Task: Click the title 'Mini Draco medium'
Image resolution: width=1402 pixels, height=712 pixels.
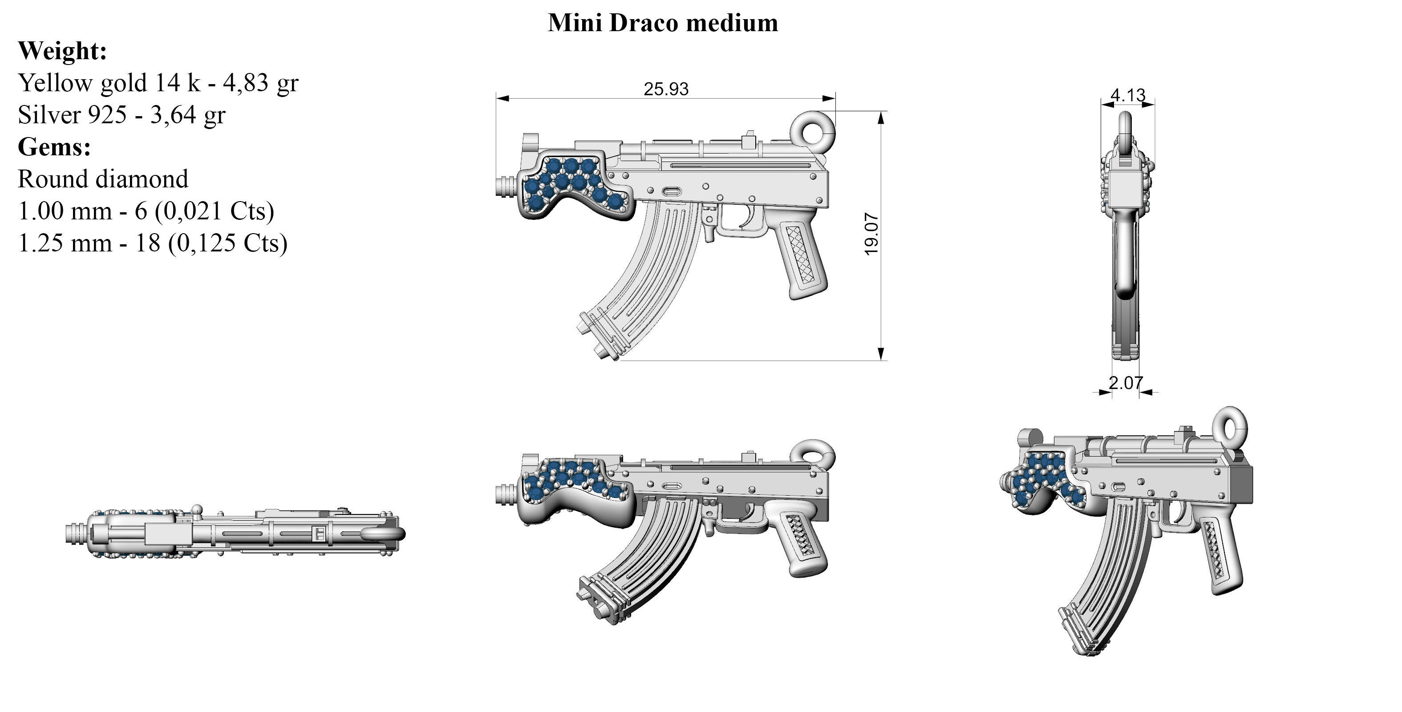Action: pos(662,23)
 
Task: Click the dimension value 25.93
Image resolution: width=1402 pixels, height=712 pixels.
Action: pos(666,89)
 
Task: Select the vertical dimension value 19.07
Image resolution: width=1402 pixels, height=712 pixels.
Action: pos(871,234)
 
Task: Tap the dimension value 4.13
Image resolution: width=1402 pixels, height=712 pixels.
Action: pos(1128,95)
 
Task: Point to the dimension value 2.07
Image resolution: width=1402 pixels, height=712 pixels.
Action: pos(1126,383)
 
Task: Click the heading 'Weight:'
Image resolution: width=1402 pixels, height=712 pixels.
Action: pos(62,51)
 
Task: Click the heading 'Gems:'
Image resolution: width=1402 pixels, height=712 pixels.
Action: pos(54,146)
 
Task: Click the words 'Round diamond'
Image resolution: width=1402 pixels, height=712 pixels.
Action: pos(103,179)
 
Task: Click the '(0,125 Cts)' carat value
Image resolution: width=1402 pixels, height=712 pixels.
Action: pos(227,243)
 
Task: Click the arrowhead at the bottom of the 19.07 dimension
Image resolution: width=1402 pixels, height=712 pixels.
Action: pos(882,354)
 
